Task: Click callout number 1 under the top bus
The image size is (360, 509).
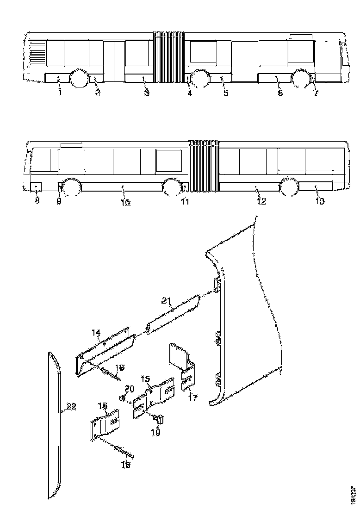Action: pos(59,93)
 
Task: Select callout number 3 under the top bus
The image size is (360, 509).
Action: pos(147,93)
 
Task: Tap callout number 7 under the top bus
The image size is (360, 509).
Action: pos(316,93)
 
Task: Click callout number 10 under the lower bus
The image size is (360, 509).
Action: pos(126,202)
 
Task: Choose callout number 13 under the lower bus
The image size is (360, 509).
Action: pos(320,201)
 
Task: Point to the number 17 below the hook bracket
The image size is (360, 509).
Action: pos(192,397)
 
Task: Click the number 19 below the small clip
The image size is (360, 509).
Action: pos(155,432)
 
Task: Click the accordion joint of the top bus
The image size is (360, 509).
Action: pos(169,57)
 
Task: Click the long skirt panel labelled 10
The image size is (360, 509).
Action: pos(123,187)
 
